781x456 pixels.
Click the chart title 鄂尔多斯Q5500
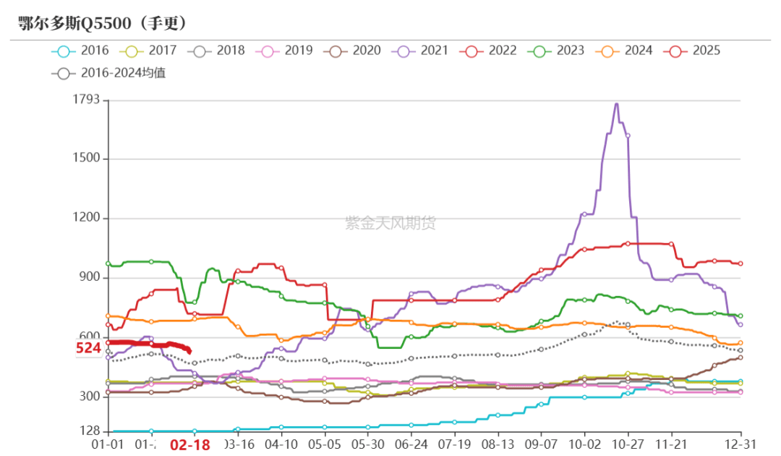point(101,23)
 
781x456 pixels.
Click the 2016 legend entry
point(80,51)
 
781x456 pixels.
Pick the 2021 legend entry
point(422,51)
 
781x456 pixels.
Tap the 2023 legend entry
point(558,51)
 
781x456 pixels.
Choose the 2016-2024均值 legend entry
point(108,73)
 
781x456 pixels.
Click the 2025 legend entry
point(694,51)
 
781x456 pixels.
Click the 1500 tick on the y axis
point(86,159)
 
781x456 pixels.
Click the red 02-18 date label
point(190,444)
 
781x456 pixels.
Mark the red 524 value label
point(88,348)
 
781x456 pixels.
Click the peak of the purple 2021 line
point(616,104)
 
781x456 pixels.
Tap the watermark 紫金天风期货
point(390,223)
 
